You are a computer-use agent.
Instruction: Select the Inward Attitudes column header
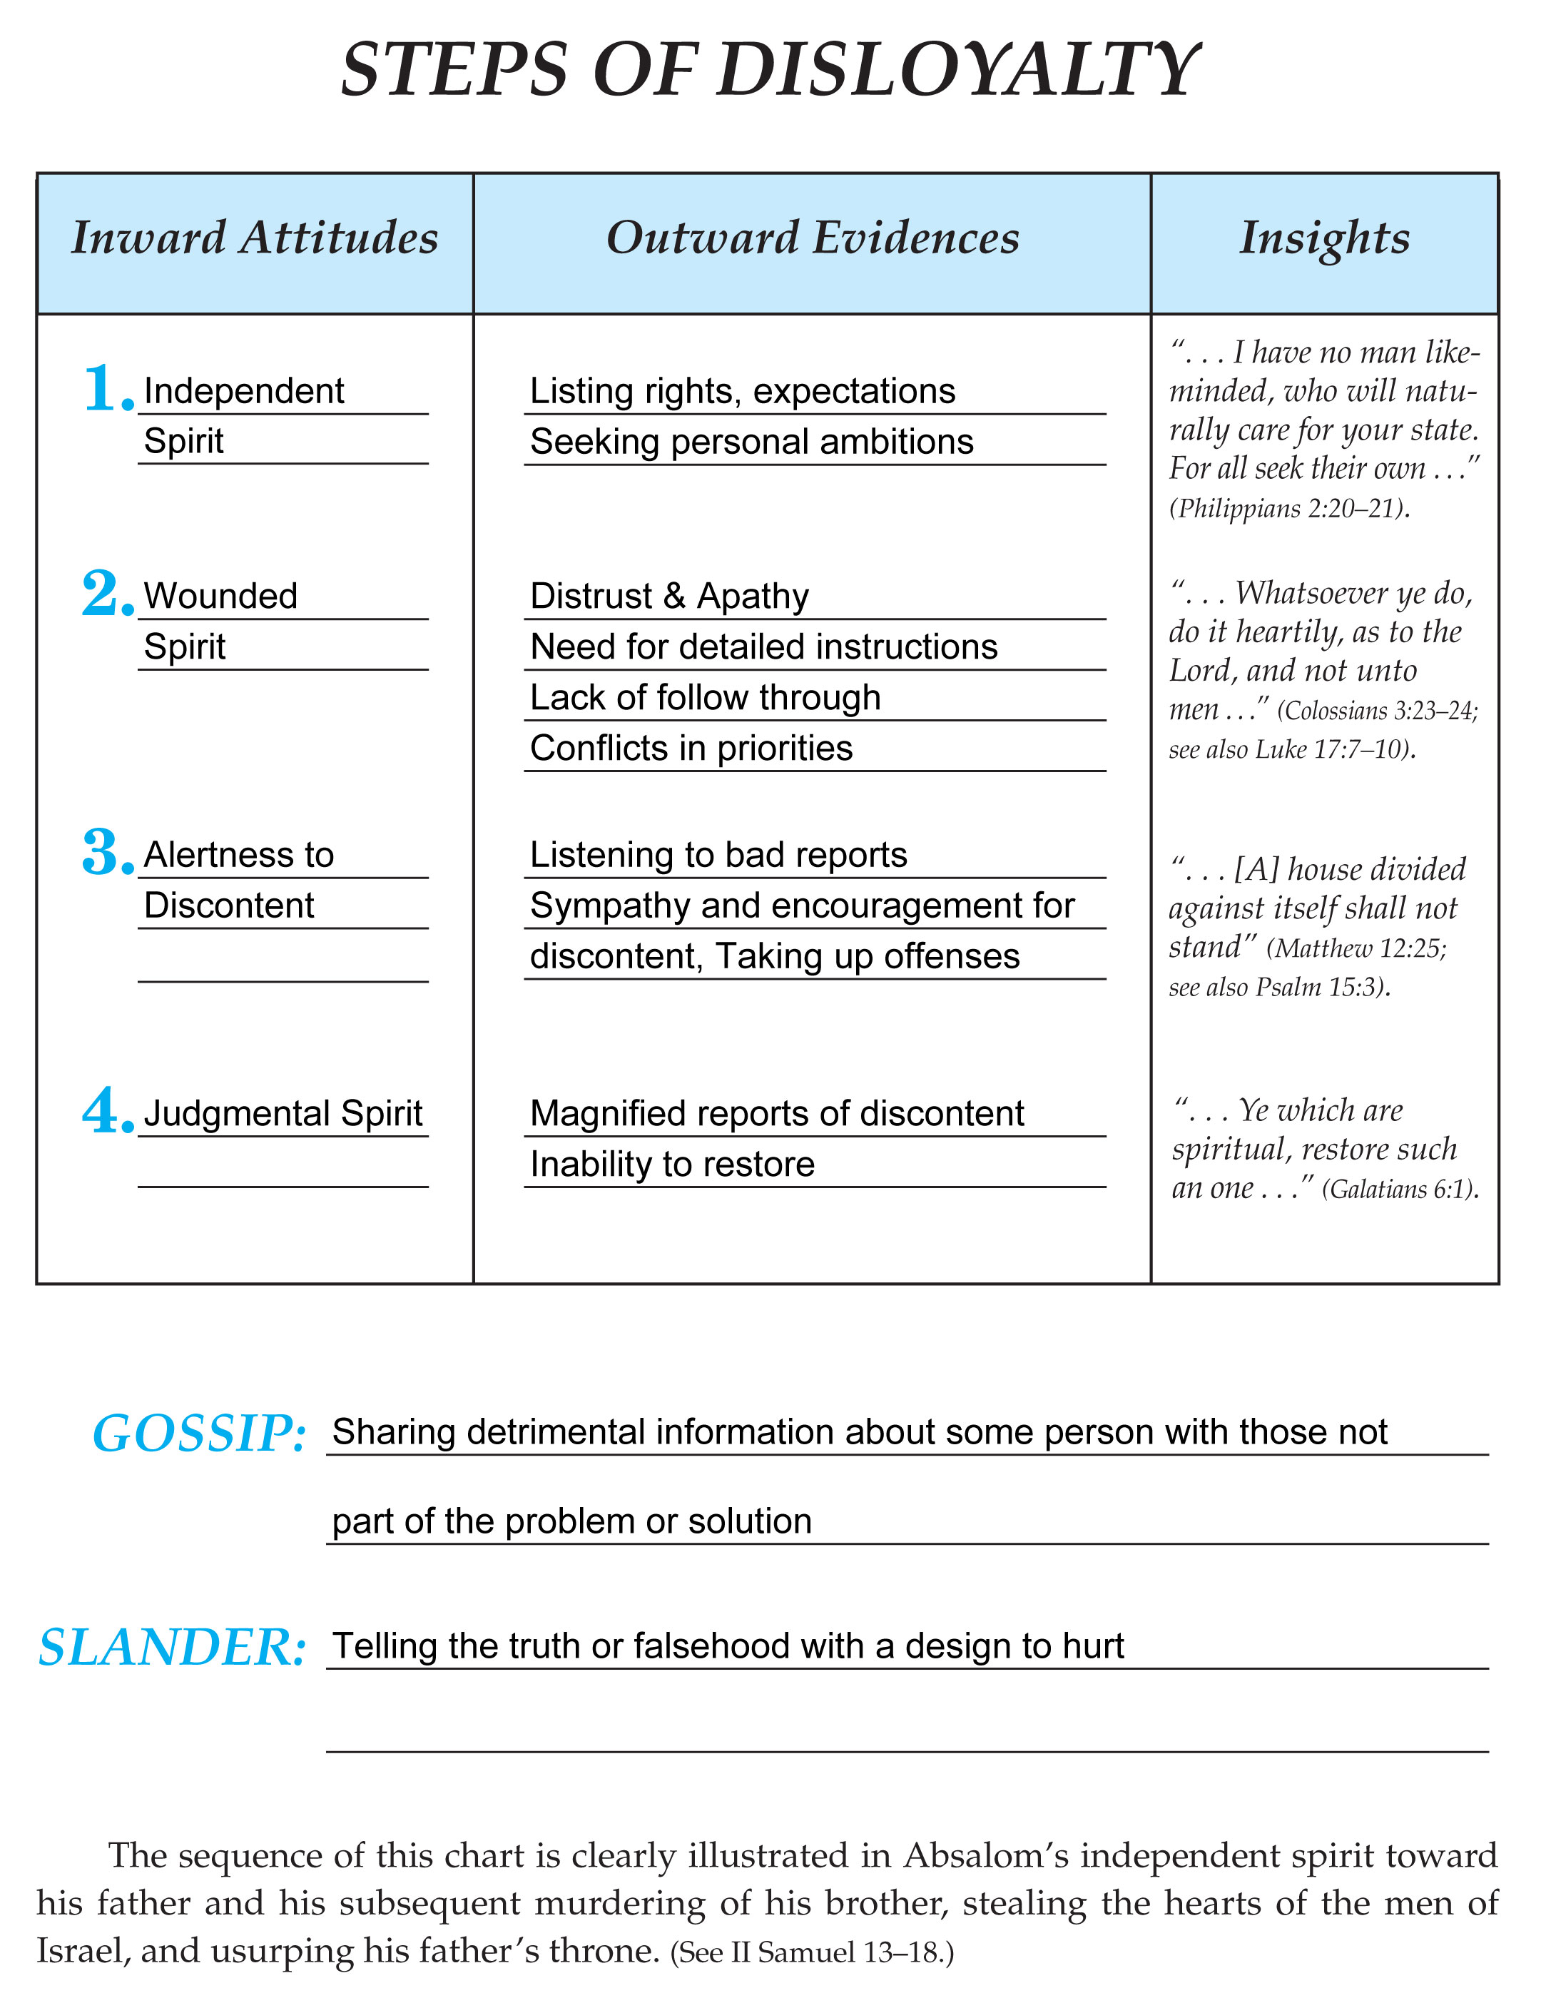point(255,238)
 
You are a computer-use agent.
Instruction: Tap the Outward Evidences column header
point(813,238)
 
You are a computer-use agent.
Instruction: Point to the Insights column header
point(1323,238)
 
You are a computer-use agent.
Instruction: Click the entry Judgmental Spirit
point(283,1113)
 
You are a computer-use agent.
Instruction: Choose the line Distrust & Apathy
point(668,597)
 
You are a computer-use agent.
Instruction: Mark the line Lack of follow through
point(704,697)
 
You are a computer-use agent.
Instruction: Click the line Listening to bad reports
point(718,854)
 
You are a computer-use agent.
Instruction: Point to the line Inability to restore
point(671,1164)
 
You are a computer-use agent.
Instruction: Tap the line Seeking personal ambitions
point(751,442)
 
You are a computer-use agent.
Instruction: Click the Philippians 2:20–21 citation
point(1288,509)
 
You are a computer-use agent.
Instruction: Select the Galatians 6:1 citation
point(1399,1190)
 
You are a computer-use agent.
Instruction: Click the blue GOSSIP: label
point(198,1434)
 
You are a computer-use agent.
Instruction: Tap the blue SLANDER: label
point(171,1648)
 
